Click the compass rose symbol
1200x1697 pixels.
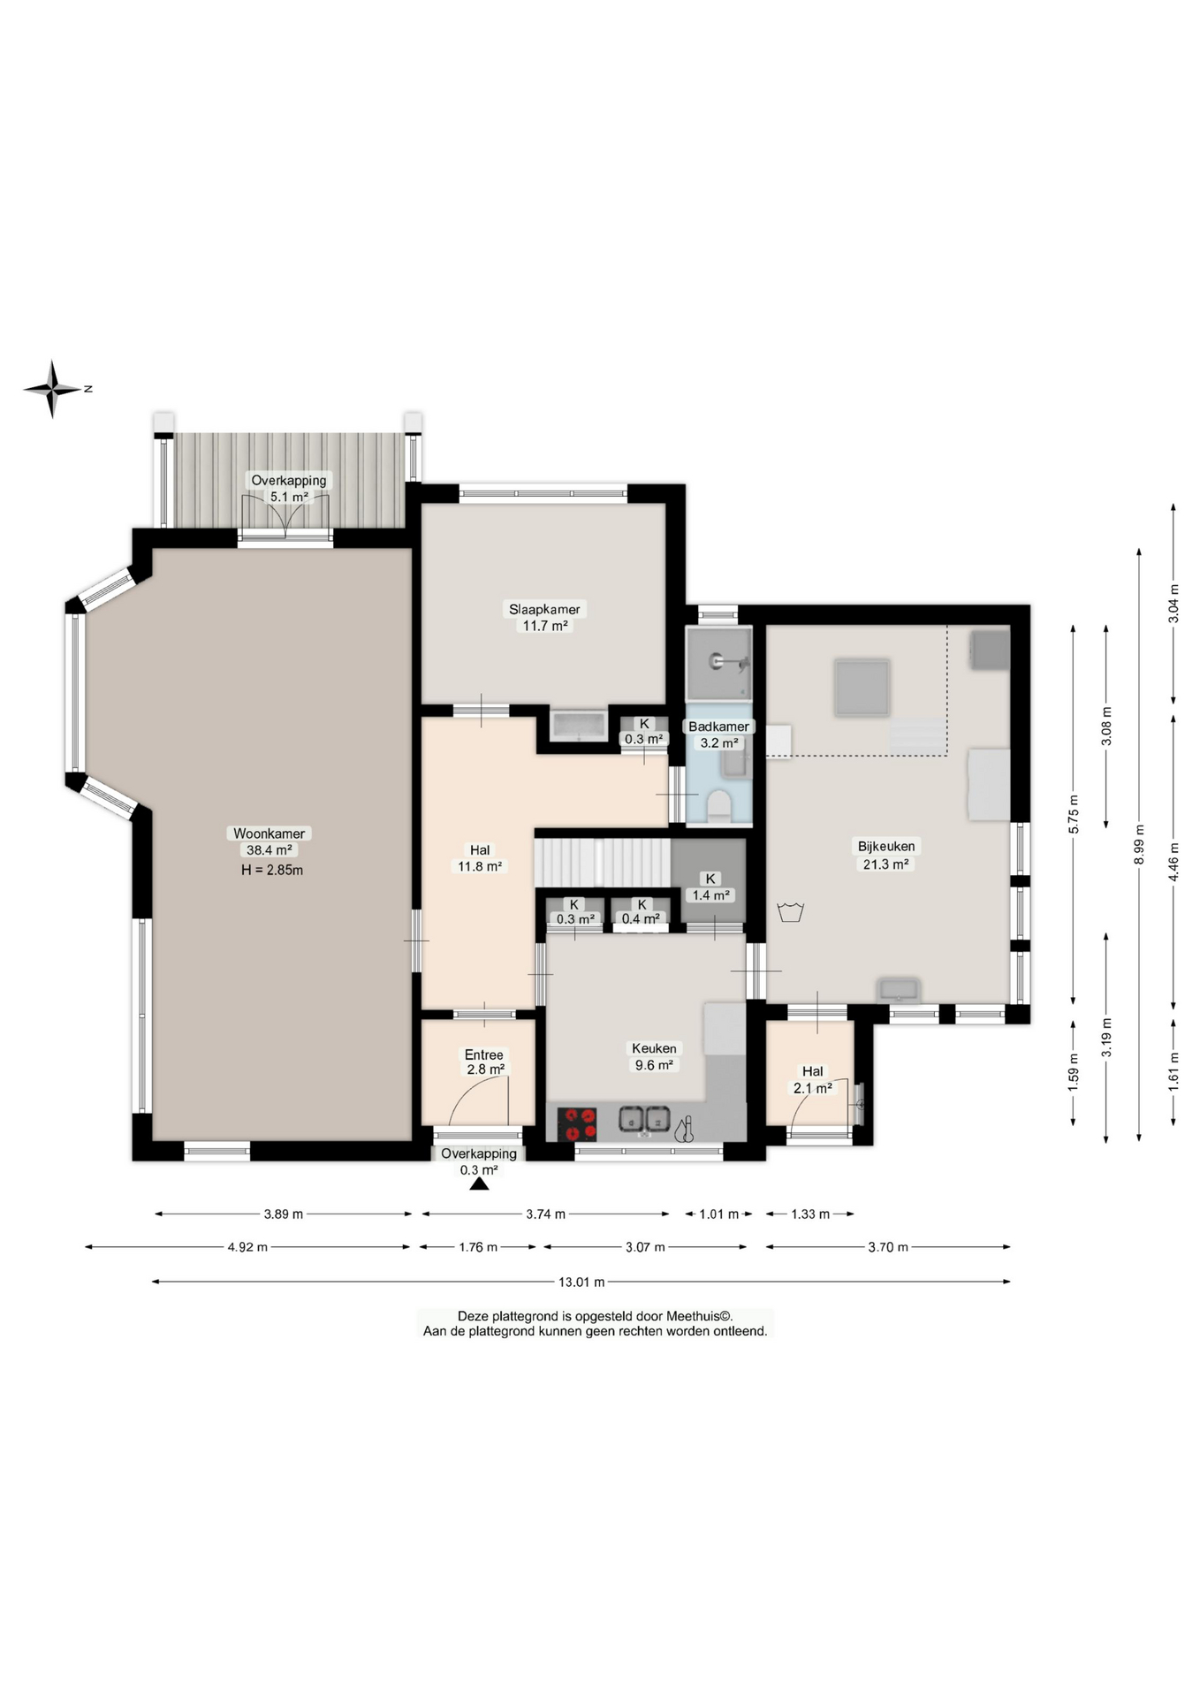(x=53, y=389)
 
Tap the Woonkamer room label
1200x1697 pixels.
(x=269, y=841)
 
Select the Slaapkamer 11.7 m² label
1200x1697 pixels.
(x=544, y=617)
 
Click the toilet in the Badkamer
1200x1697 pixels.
(x=719, y=806)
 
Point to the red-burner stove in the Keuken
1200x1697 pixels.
(x=578, y=1124)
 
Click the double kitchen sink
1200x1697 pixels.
(x=645, y=1120)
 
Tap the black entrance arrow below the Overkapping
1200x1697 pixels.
(x=479, y=1183)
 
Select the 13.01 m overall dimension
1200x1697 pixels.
(x=581, y=1282)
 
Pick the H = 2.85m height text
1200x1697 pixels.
(x=272, y=870)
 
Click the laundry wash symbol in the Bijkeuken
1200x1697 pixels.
(x=790, y=911)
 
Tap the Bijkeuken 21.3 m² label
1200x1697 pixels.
(x=886, y=855)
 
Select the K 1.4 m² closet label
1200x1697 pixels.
(x=710, y=887)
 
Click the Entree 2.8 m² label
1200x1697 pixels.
(x=484, y=1062)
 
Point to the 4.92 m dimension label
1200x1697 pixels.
(x=247, y=1247)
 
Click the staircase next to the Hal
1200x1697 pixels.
(x=603, y=862)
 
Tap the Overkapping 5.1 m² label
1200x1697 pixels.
(x=289, y=488)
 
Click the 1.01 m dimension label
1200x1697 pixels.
(x=718, y=1214)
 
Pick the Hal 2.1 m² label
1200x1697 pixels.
(x=813, y=1079)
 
